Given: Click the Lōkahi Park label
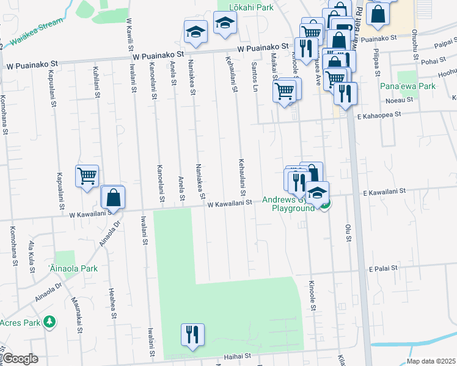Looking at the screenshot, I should click(250, 7).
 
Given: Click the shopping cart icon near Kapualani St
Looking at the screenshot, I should click(87, 176).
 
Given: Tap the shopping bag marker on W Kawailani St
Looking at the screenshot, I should click(113, 196).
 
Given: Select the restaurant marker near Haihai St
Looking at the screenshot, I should click(192, 334).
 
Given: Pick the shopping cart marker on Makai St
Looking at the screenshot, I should click(285, 90).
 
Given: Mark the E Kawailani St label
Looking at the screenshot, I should click(384, 192).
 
